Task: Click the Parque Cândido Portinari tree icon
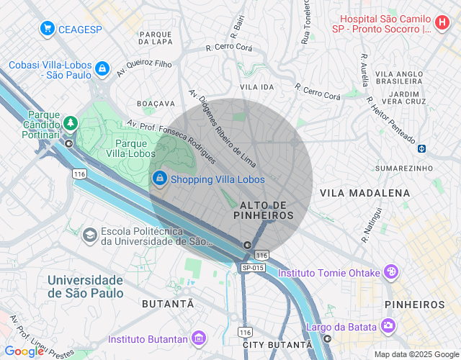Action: [70, 123]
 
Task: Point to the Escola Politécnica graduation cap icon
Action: [89, 235]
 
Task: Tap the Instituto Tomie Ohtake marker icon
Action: [391, 272]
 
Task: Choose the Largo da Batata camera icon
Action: [389, 327]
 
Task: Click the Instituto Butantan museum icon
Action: [200, 338]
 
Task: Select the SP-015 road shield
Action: [253, 268]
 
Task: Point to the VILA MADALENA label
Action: [364, 193]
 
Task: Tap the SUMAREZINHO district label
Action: [398, 168]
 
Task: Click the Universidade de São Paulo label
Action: [85, 286]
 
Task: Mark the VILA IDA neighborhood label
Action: [257, 86]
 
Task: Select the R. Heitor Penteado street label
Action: [390, 120]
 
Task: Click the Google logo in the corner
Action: [23, 351]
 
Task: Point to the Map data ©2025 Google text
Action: [416, 354]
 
